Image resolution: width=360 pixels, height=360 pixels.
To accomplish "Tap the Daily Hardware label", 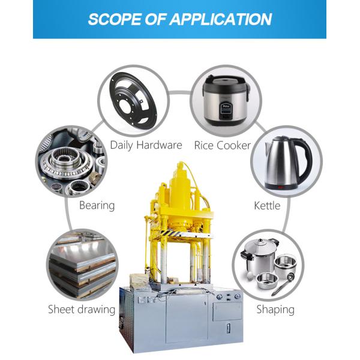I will coord(146,145).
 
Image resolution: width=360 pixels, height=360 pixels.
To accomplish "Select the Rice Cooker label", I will coord(222,145).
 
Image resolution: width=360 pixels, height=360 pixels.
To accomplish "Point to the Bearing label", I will coord(97,205).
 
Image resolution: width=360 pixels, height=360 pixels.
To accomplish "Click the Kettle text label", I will coord(267,205).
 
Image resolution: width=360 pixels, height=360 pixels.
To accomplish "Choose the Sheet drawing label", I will coord(82,310).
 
